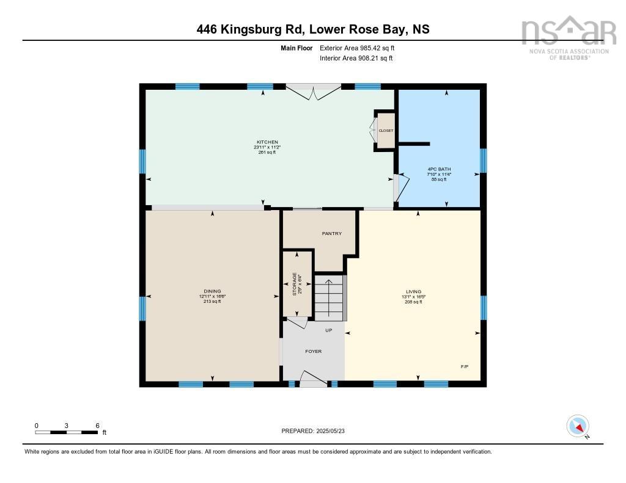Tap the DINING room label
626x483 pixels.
[212, 291]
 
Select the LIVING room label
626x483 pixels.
[413, 292]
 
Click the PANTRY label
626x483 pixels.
[331, 233]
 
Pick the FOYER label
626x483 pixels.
[313, 351]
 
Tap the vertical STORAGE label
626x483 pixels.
[294, 285]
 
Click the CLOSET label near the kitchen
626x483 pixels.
[386, 131]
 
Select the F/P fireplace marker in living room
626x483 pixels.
[465, 366]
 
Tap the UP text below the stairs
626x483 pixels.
[328, 330]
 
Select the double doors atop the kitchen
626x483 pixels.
[313, 92]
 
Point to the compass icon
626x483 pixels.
[578, 426]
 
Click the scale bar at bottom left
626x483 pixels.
[67, 432]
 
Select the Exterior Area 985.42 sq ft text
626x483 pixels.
[361, 48]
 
